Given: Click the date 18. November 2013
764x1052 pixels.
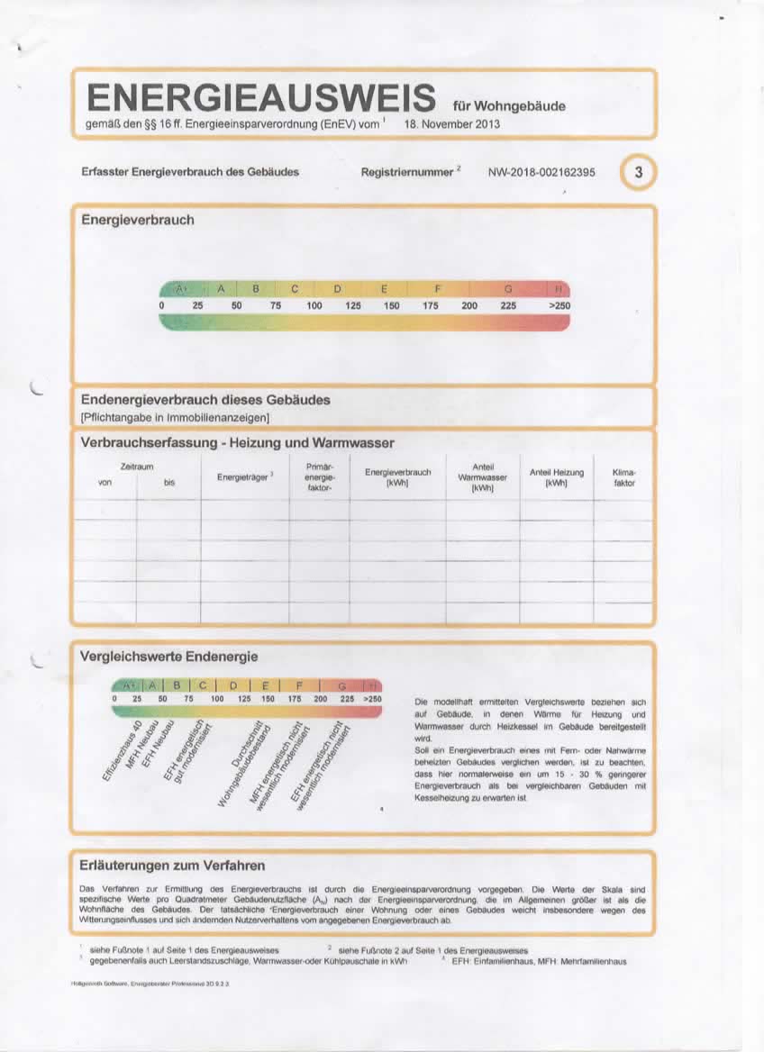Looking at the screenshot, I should point(452,124).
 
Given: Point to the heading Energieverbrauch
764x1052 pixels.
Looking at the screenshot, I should point(138,220).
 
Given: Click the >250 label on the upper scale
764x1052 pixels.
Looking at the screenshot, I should point(559,306).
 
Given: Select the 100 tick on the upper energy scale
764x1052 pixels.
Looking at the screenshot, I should point(314,306).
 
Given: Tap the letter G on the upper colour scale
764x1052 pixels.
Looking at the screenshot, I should point(509,289).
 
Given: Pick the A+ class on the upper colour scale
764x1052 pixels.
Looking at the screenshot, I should point(180,289).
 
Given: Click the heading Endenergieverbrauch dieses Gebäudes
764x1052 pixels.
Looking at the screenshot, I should point(205,399).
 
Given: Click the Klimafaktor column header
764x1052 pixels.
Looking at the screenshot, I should point(624,477).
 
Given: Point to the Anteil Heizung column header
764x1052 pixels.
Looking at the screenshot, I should point(556,477).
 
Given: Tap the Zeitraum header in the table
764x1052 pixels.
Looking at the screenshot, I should point(137,466).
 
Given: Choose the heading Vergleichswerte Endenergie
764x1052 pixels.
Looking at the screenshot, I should point(169,657).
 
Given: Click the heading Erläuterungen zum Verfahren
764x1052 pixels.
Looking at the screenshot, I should point(173,866).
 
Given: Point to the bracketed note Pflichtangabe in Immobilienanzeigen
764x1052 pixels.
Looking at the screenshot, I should point(176,417).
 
